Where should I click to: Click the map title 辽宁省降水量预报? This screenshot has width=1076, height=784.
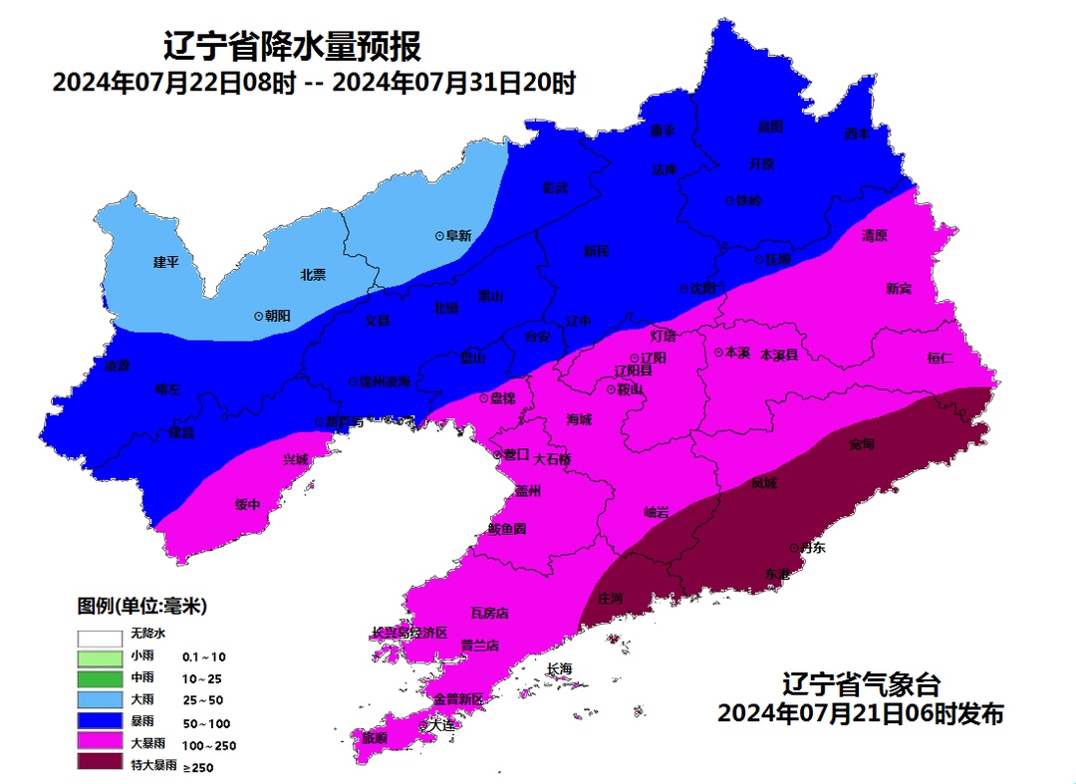tap(292, 46)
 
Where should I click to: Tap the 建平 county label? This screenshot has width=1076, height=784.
tap(165, 262)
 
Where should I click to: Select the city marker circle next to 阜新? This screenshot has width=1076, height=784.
tap(439, 236)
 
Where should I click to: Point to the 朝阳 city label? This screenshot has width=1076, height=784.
tap(278, 315)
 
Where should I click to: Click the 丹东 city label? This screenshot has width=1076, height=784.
tap(813, 547)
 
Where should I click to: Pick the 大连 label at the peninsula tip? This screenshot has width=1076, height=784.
tap(440, 725)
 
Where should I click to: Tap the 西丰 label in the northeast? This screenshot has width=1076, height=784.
tap(857, 133)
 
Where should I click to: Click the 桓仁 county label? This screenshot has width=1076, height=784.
tap(940, 358)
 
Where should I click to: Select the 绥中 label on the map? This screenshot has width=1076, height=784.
tap(247, 505)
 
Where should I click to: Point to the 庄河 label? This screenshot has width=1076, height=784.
tap(610, 599)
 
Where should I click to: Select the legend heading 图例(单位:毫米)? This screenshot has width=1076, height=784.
tap(142, 606)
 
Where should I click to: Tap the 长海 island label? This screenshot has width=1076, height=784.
tap(560, 668)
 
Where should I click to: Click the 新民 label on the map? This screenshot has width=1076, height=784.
tap(596, 252)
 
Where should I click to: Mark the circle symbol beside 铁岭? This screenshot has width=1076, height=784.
tap(728, 200)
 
